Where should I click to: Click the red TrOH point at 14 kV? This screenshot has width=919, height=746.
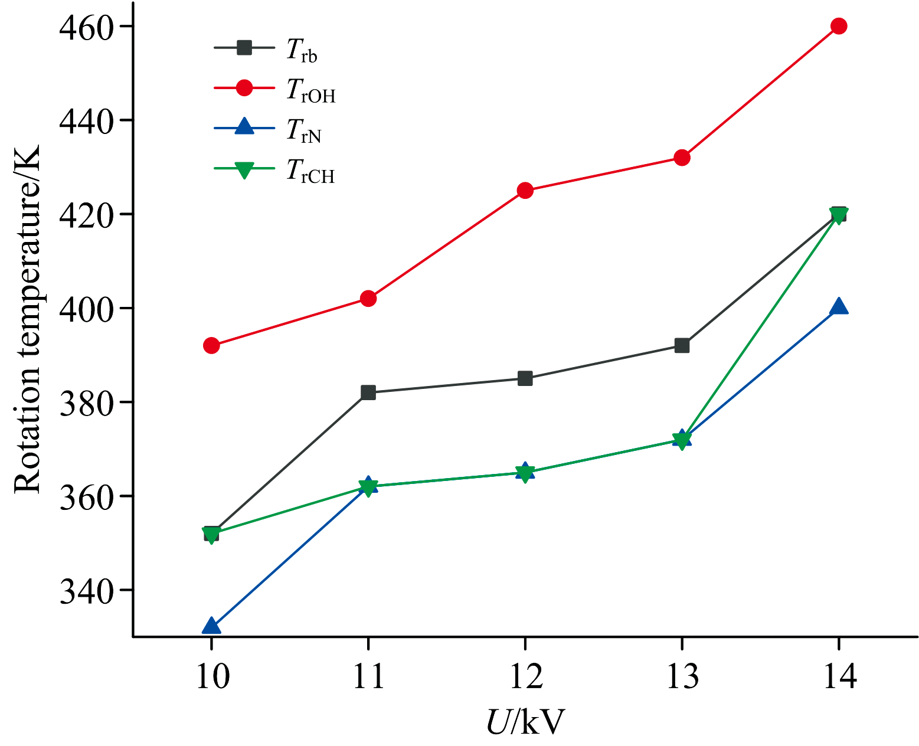(x=839, y=26)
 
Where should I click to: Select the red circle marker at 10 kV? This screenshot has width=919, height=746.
(x=211, y=345)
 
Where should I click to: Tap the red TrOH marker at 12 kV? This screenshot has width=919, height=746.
(x=525, y=190)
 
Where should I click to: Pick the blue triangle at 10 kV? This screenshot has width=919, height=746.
(x=211, y=626)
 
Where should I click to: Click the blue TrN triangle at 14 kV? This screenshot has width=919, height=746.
(x=839, y=307)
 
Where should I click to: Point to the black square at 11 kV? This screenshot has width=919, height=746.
(x=368, y=392)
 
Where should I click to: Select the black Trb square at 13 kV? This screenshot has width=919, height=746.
(x=682, y=345)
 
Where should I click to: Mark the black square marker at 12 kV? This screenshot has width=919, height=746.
(x=525, y=378)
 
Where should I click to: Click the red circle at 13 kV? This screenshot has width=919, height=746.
(x=682, y=158)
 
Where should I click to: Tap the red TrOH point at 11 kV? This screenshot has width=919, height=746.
(x=368, y=298)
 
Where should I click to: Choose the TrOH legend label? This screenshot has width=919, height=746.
(x=310, y=91)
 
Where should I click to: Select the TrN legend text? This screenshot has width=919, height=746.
(x=303, y=131)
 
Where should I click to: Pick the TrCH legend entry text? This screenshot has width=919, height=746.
(x=310, y=172)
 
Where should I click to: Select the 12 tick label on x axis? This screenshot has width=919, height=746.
(x=525, y=677)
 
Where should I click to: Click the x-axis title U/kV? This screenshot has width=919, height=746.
(x=525, y=721)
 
